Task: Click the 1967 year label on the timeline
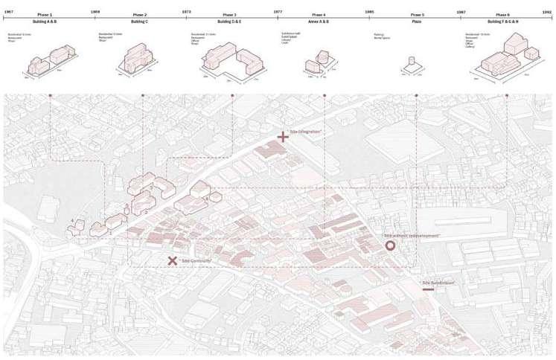(9, 13)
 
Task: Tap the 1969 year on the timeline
(96, 13)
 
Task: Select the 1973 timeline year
(187, 13)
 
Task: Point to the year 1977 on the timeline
(278, 13)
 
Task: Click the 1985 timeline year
(370, 13)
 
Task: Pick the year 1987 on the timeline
(461, 13)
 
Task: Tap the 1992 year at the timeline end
(547, 13)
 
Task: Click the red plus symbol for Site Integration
(283, 137)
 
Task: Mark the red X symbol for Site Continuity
(172, 260)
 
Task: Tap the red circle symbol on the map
(389, 245)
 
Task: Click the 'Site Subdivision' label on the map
(438, 283)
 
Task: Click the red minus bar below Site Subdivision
(428, 289)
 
